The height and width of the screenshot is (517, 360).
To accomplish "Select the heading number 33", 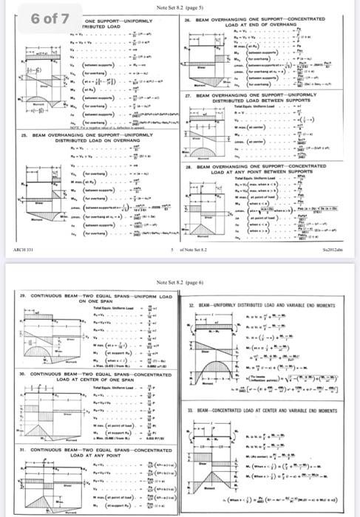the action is (x=191, y=410).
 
